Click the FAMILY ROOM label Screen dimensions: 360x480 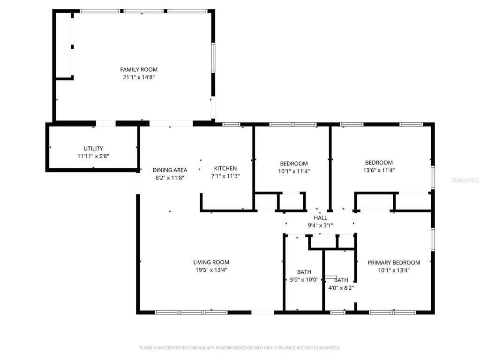139,69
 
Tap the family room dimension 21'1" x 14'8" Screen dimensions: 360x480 139,77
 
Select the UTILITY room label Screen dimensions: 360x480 93,149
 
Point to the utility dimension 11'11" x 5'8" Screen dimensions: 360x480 93,156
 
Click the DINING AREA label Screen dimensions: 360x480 170,170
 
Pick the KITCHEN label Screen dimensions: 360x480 225,168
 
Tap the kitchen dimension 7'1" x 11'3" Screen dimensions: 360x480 225,176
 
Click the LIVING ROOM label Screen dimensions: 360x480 211,262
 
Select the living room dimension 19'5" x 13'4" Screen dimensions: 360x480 211,270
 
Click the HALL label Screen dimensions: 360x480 321,218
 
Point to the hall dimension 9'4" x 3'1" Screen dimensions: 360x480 321,225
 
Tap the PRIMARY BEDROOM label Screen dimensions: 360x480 394,262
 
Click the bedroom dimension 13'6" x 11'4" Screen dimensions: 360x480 379,171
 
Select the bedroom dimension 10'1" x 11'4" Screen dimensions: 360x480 294,171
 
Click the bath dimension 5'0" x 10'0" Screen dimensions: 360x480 304,280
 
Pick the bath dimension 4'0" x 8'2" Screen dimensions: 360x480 341,288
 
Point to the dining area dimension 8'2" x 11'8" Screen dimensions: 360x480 170,178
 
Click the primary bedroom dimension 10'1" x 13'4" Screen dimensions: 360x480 394,270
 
